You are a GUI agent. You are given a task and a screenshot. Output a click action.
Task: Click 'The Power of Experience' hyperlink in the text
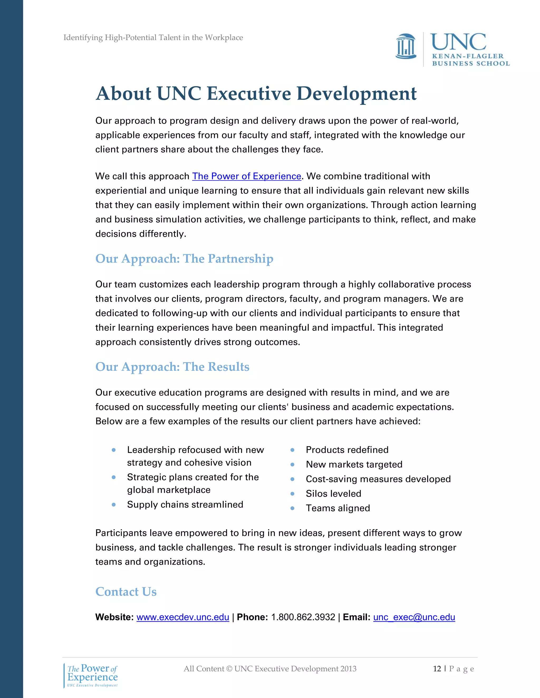click(246, 176)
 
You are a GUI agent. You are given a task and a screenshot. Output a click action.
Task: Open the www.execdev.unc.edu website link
click(183, 617)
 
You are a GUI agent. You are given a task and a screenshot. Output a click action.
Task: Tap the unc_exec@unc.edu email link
click(414, 617)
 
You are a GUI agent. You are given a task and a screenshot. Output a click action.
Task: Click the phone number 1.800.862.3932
click(303, 617)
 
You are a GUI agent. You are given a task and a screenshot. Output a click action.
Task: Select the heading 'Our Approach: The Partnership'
click(184, 259)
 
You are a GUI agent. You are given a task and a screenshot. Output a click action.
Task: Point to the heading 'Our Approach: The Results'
click(172, 367)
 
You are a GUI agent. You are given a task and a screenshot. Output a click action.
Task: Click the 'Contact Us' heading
click(126, 591)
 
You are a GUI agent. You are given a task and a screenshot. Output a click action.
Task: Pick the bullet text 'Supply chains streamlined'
click(185, 504)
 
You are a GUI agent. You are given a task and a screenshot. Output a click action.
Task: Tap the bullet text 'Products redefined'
click(347, 450)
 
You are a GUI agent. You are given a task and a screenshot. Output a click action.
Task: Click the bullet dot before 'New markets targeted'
click(292, 464)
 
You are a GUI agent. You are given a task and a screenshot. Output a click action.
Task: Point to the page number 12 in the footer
click(437, 668)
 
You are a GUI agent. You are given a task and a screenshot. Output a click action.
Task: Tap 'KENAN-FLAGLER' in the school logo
click(468, 56)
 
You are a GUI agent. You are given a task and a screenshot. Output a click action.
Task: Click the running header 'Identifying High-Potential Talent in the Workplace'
click(153, 38)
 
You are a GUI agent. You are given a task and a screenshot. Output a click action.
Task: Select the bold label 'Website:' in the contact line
click(114, 617)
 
